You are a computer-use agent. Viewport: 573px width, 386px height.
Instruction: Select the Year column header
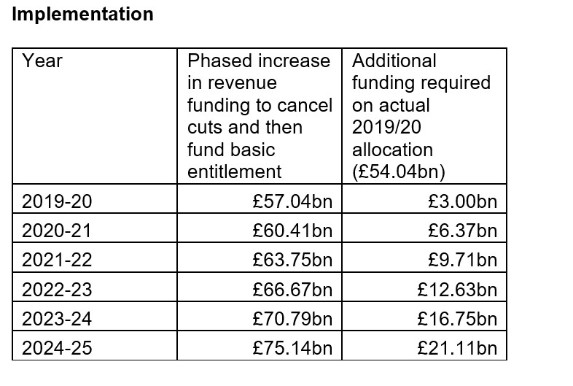point(42,61)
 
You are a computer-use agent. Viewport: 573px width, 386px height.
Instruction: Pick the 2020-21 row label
point(58,231)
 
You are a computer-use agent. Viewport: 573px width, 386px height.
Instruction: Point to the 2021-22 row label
point(58,260)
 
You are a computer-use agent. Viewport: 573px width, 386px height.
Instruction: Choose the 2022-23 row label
point(58,289)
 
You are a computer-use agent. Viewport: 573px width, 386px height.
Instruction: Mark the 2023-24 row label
point(58,318)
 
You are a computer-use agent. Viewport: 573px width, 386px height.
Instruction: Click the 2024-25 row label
point(58,347)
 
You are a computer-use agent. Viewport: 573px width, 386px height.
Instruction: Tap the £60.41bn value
point(292,231)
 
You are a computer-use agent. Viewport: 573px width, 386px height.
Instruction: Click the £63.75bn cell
point(292,260)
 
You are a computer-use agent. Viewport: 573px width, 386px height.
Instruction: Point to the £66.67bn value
point(292,289)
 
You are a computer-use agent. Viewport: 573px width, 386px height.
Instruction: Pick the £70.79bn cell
point(292,318)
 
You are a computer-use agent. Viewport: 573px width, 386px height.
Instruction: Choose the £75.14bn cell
point(292,347)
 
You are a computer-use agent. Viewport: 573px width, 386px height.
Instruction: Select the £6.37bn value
point(463,231)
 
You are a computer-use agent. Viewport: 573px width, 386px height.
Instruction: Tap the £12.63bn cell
point(457,289)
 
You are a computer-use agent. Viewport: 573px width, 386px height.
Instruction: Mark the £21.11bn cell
point(457,347)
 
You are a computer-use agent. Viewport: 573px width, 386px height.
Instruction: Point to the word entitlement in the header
point(234,172)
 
